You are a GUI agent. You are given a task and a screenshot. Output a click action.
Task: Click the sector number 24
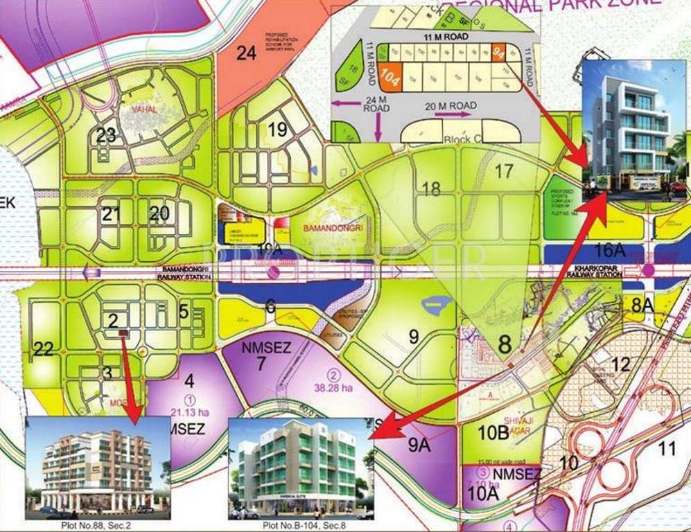pyautogui.click(x=246, y=53)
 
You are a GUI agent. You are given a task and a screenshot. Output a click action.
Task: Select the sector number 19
pyautogui.click(x=277, y=129)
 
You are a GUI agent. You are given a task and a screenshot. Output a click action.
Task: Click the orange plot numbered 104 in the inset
pyautogui.click(x=390, y=75)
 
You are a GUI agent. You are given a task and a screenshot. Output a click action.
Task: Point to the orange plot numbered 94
pyautogui.click(x=499, y=51)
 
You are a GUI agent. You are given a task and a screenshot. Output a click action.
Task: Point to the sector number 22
pyautogui.click(x=43, y=349)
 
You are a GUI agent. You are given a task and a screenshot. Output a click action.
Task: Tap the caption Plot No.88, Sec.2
pyautogui.click(x=96, y=526)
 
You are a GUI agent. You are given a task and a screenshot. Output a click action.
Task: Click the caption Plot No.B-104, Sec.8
pyautogui.click(x=300, y=526)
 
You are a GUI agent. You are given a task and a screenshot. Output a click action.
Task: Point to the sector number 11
pyautogui.click(x=667, y=448)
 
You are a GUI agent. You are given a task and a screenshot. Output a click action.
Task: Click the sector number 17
pyautogui.click(x=504, y=169)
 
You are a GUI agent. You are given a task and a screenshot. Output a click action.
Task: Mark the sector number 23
pyautogui.click(x=106, y=135)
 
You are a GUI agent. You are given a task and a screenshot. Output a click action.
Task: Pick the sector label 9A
pyautogui.click(x=419, y=445)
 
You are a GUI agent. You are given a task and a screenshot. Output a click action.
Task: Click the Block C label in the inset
pyautogui.click(x=462, y=139)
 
